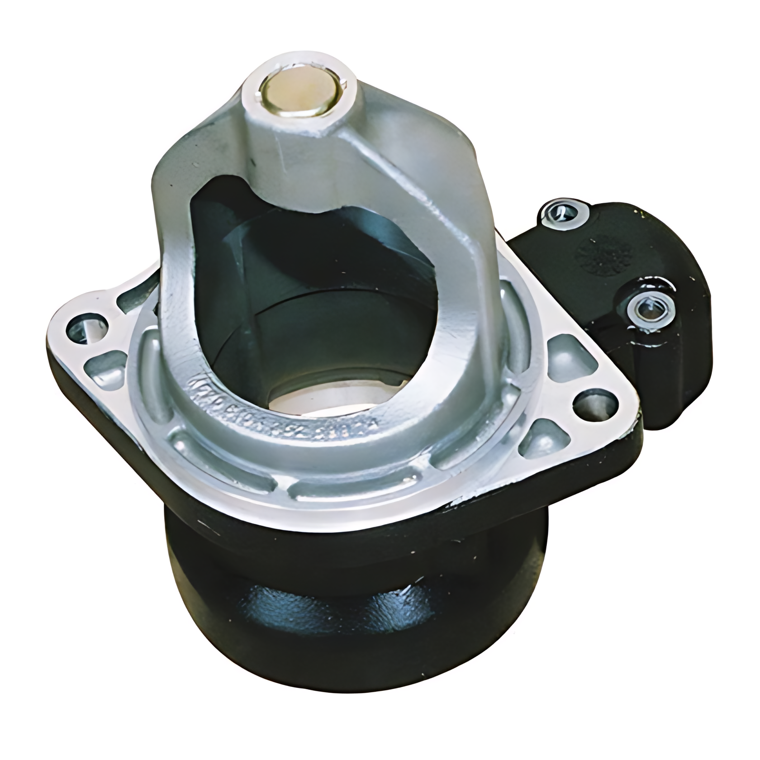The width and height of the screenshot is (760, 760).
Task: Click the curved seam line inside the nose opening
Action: [317, 312]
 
